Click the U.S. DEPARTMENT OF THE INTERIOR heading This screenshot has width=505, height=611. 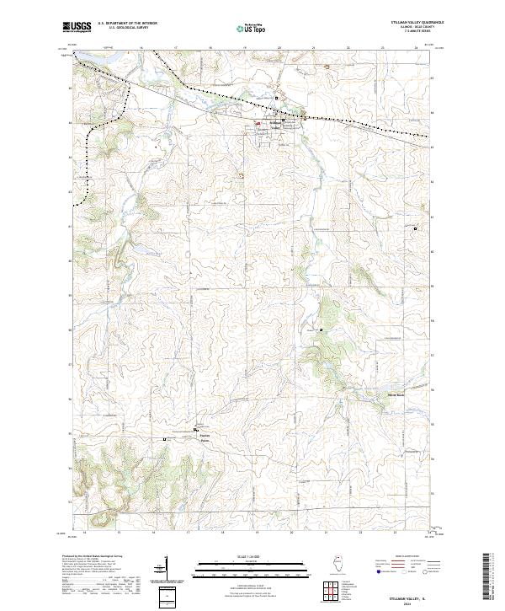tap(127, 24)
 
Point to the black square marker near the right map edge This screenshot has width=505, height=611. tap(415, 228)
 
